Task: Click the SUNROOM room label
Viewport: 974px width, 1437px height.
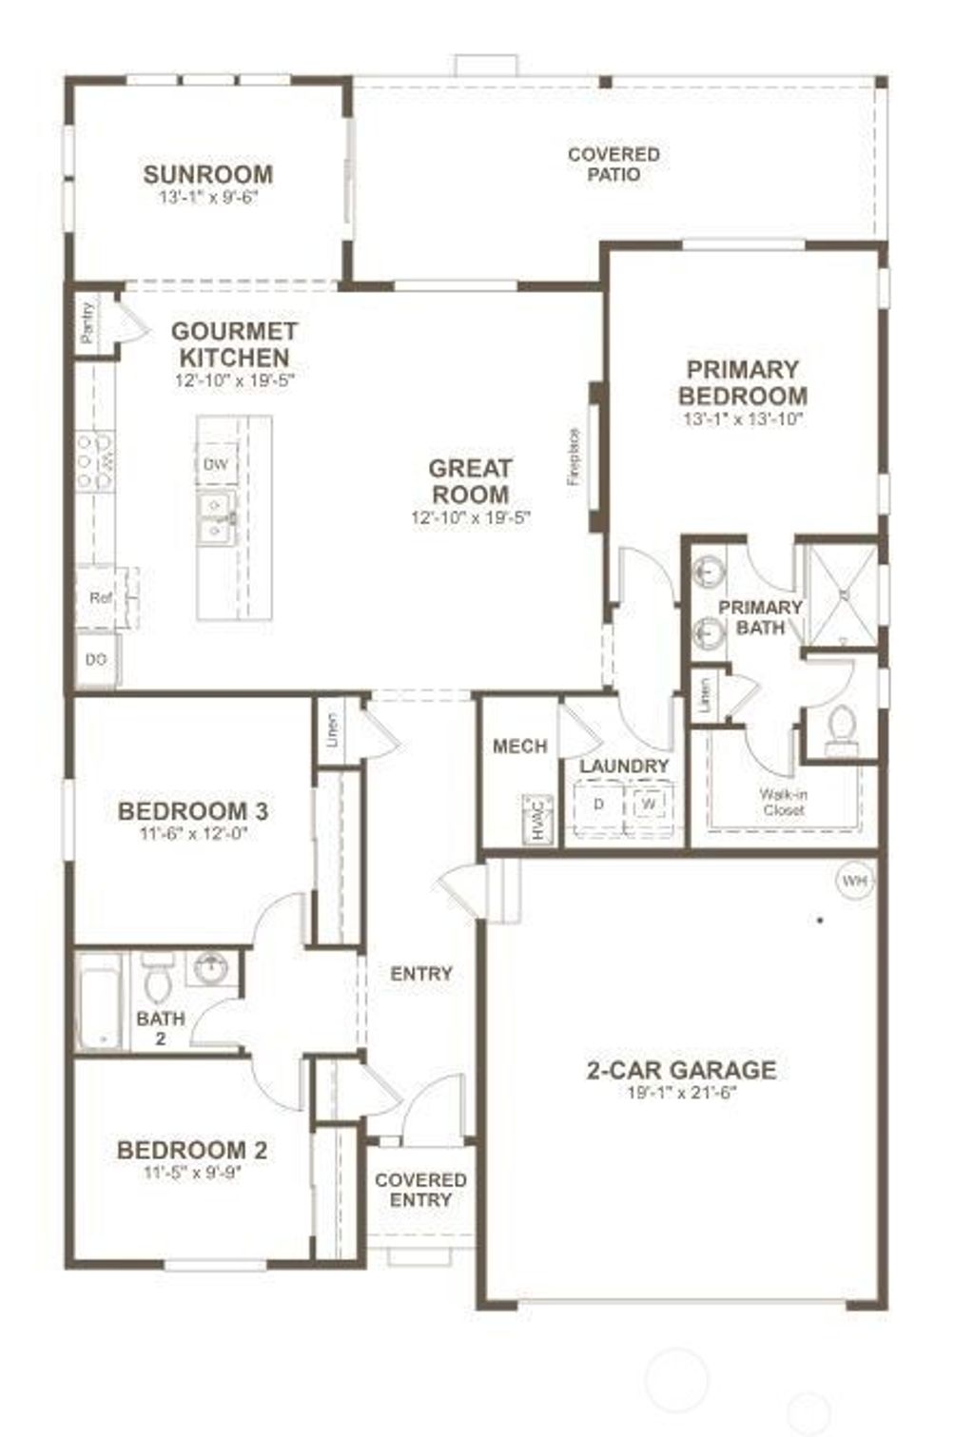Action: [207, 175]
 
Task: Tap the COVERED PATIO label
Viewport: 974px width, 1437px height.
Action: [614, 164]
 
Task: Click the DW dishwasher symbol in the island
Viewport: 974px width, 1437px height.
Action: [215, 463]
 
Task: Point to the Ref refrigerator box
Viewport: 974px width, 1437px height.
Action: [100, 598]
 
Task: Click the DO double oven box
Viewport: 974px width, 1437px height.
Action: [96, 659]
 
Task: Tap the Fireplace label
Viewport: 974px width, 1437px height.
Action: [574, 459]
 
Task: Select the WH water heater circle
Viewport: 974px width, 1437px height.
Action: [854, 882]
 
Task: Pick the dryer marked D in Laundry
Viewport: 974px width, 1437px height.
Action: [598, 805]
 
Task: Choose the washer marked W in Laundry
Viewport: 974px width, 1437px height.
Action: [649, 805]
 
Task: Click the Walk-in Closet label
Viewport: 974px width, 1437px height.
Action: [783, 802]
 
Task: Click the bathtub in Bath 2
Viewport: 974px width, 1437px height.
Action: [99, 1001]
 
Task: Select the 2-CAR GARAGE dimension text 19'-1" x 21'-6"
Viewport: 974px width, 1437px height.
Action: [682, 1093]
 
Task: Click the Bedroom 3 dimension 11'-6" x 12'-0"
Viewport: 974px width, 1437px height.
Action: [192, 834]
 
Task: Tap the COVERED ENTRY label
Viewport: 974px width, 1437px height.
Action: [420, 1190]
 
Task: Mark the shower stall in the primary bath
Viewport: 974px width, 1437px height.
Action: [842, 592]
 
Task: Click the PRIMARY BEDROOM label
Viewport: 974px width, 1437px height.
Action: [743, 382]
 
